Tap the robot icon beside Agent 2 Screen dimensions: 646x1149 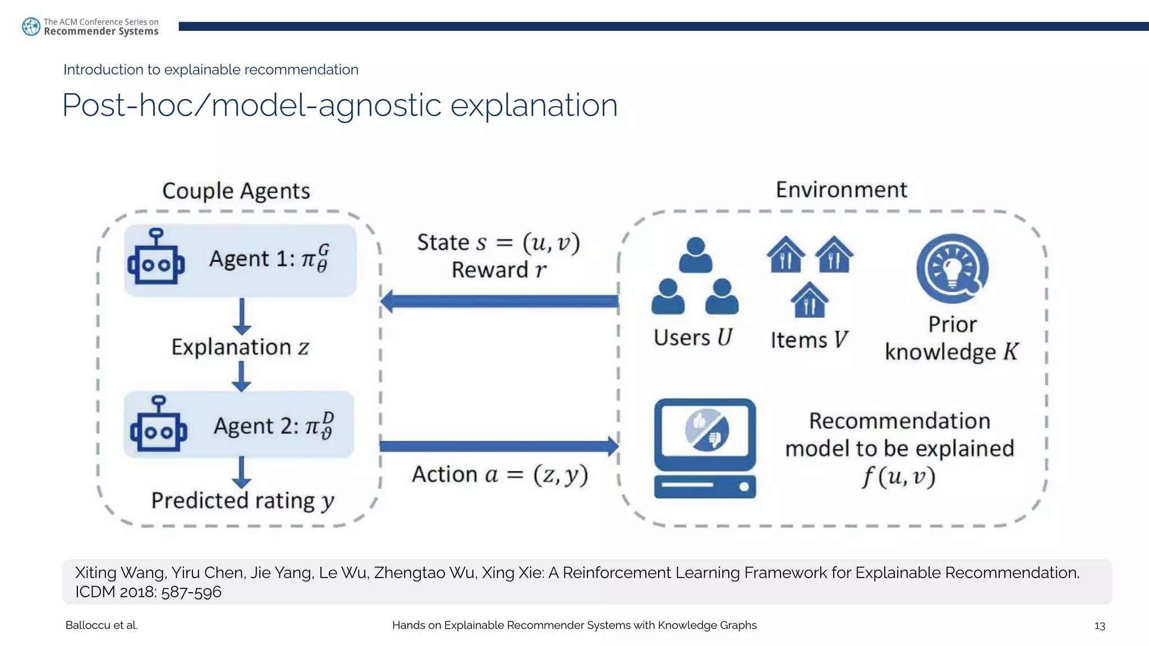(x=159, y=424)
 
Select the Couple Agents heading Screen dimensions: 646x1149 (x=236, y=191)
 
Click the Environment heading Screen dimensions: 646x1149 (x=841, y=190)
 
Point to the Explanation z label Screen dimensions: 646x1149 (x=240, y=347)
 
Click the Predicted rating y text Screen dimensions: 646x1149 (x=242, y=500)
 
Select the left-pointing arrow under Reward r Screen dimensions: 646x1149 (x=499, y=302)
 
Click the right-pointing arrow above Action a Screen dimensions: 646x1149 (x=499, y=446)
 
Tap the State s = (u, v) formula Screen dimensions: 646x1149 (x=498, y=243)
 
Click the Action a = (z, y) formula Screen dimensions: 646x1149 (x=500, y=475)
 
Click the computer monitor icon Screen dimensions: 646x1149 (x=705, y=448)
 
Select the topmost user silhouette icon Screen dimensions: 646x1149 (x=695, y=255)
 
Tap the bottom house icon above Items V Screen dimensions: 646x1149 (x=809, y=300)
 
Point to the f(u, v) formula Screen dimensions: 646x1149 (x=899, y=477)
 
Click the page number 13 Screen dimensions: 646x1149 (x=1099, y=626)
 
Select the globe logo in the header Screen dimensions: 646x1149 (x=31, y=26)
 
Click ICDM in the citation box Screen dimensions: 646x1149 (x=96, y=592)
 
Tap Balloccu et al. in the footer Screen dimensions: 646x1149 (x=102, y=625)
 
